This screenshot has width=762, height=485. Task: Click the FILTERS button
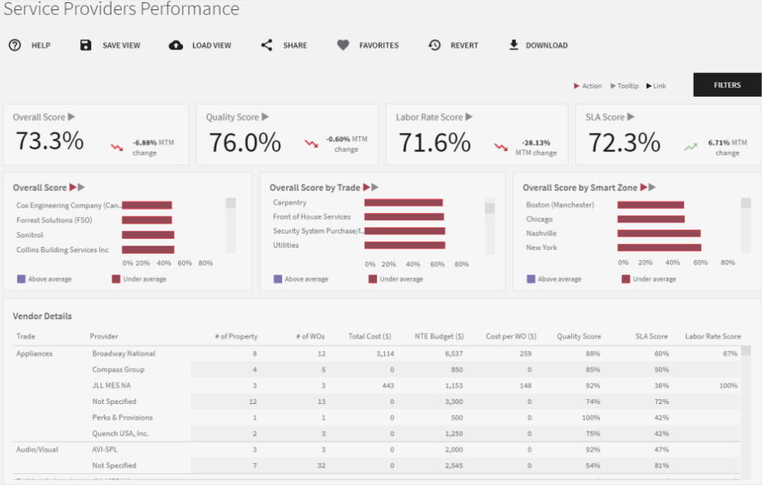tap(727, 85)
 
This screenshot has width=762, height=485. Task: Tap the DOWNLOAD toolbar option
tap(538, 46)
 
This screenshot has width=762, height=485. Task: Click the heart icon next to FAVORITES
tap(343, 46)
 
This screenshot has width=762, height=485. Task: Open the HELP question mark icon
tap(15, 46)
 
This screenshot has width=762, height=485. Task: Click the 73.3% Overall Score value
tap(49, 141)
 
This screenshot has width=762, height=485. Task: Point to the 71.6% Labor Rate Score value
tap(434, 142)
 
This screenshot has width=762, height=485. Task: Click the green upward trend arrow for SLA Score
tap(691, 146)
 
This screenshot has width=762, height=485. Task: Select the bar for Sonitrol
tap(148, 235)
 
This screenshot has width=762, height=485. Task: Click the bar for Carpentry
tap(404, 203)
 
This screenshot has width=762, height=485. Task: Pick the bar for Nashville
tap(658, 233)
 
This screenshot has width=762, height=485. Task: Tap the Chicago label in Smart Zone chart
tap(540, 219)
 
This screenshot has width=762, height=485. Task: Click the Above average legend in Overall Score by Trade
tap(301, 279)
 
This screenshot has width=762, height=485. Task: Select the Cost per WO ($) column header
tap(511, 336)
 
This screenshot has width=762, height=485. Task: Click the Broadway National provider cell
tap(123, 354)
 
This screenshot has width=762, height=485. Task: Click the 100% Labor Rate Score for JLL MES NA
tap(728, 386)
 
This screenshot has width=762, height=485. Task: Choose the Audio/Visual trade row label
tap(38, 450)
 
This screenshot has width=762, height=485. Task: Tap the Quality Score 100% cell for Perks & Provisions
tap(589, 417)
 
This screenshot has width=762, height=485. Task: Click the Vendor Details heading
tap(42, 316)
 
